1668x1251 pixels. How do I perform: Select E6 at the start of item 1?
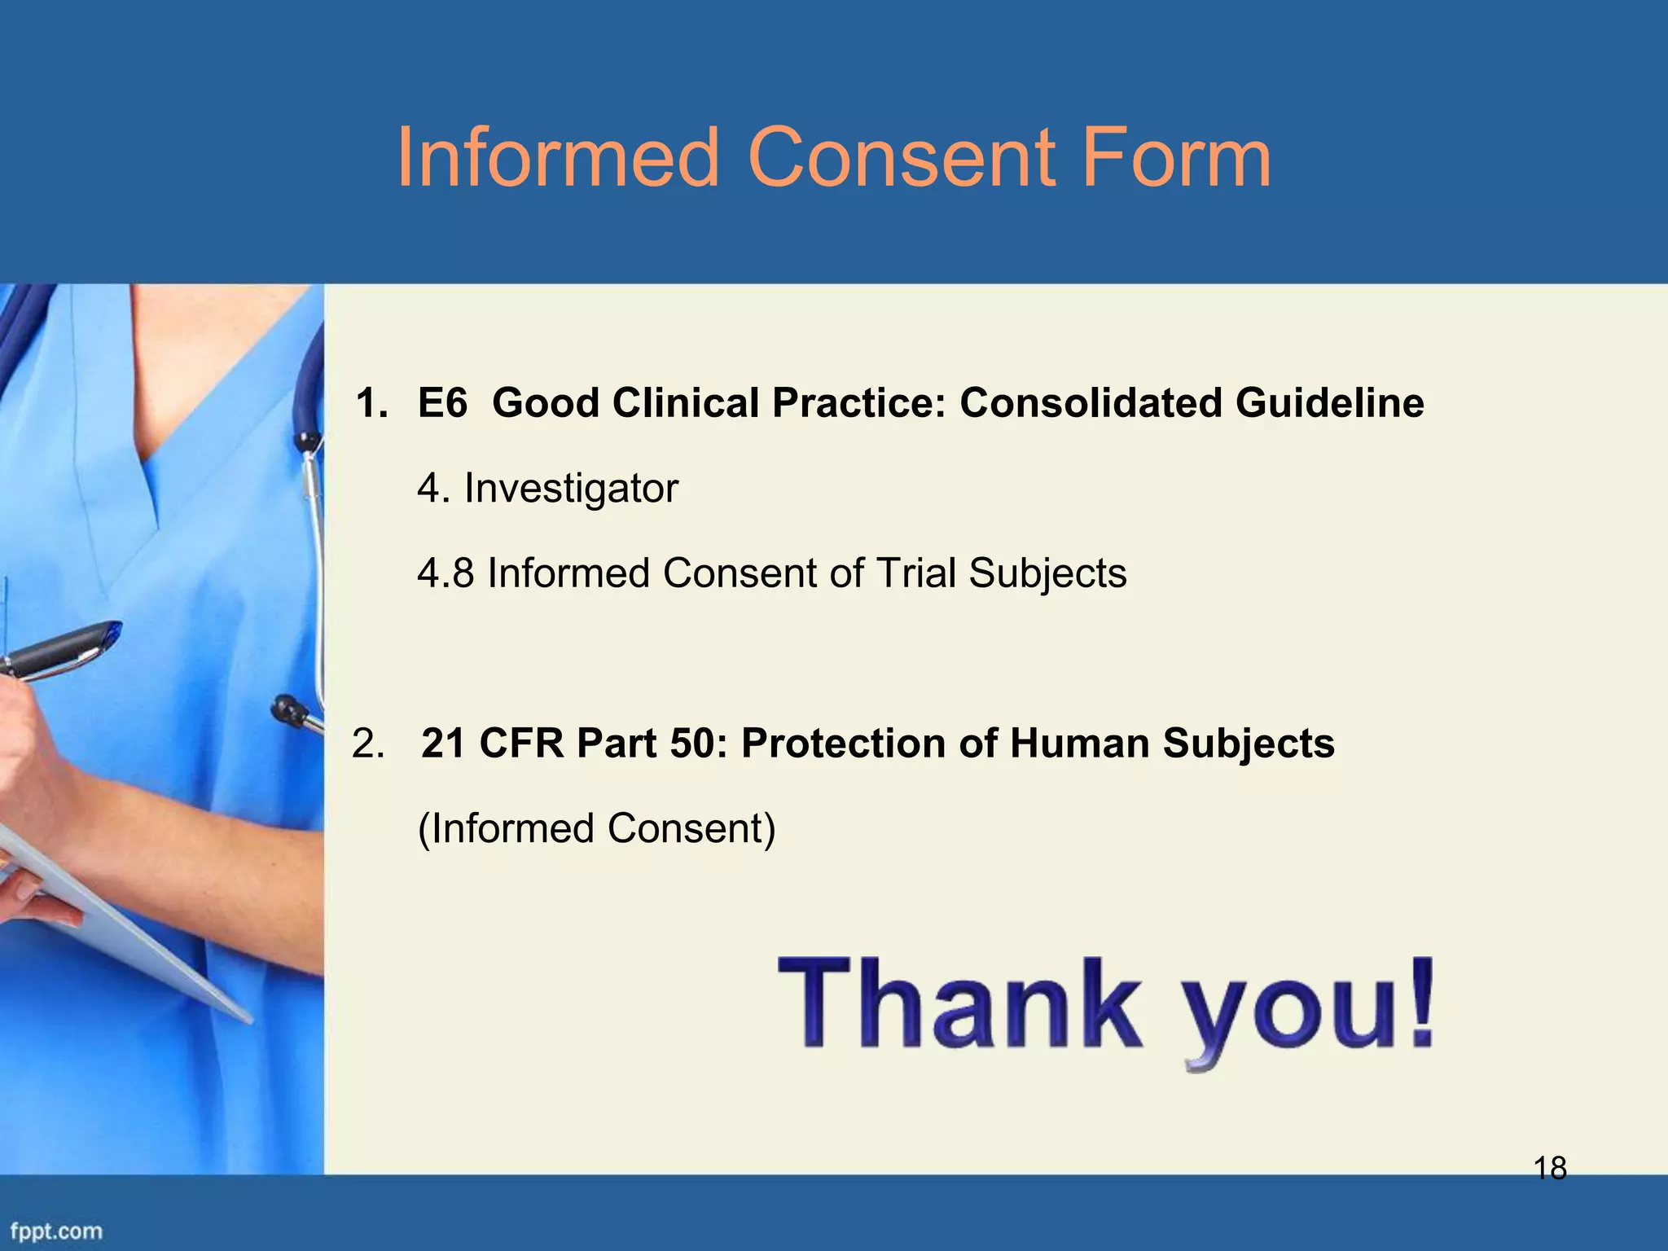(442, 403)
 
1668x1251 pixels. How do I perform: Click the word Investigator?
(570, 489)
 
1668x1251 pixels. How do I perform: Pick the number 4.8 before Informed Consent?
(445, 573)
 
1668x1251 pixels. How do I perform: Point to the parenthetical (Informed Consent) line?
(596, 829)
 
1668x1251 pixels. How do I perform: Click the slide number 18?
(1550, 1169)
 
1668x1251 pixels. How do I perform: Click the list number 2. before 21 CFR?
(367, 744)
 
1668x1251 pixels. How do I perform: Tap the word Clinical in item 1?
(685, 403)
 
